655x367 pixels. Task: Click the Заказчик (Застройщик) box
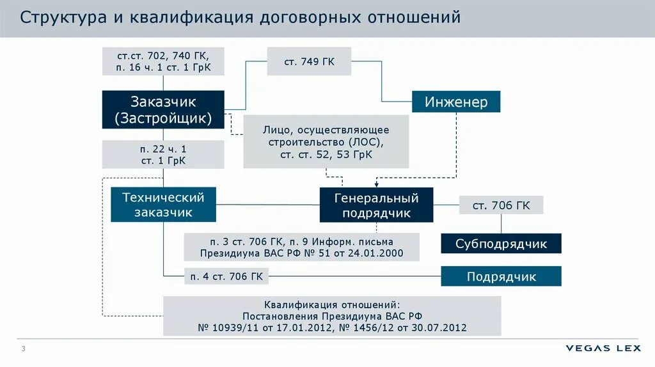click(x=163, y=109)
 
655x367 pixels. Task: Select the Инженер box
click(x=455, y=102)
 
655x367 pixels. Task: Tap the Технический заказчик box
click(x=163, y=204)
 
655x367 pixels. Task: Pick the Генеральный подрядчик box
click(x=376, y=205)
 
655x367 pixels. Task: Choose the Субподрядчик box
click(x=501, y=243)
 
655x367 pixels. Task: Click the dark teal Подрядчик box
click(x=501, y=276)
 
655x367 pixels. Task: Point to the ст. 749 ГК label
click(x=310, y=61)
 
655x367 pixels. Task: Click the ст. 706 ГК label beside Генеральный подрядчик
click(x=501, y=205)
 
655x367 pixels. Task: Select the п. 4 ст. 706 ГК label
click(x=226, y=276)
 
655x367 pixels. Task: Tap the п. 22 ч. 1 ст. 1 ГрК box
click(x=163, y=155)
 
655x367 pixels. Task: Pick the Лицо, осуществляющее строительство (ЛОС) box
click(x=326, y=142)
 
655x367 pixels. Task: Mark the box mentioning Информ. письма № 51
click(x=301, y=247)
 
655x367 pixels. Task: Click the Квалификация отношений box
click(x=332, y=316)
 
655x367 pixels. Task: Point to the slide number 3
click(x=24, y=348)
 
